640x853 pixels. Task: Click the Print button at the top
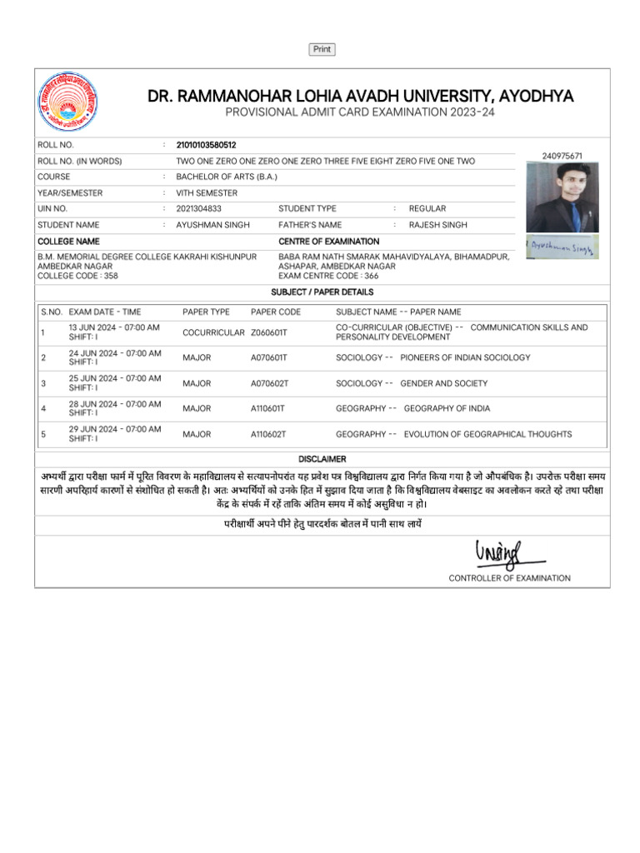pos(322,50)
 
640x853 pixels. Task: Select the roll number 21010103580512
pos(207,145)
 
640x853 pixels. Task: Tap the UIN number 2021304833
pos(199,209)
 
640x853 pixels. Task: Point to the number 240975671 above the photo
pos(562,156)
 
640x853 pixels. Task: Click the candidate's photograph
pos(562,197)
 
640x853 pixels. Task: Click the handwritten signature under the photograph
pos(562,247)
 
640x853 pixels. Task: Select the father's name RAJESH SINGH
pos(437,225)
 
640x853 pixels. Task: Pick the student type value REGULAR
pos(427,209)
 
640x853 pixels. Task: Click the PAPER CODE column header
pos(276,312)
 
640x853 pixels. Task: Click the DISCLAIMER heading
pos(322,459)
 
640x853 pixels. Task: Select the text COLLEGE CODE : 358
pos(77,275)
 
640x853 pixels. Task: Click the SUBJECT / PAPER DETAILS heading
pos(322,292)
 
